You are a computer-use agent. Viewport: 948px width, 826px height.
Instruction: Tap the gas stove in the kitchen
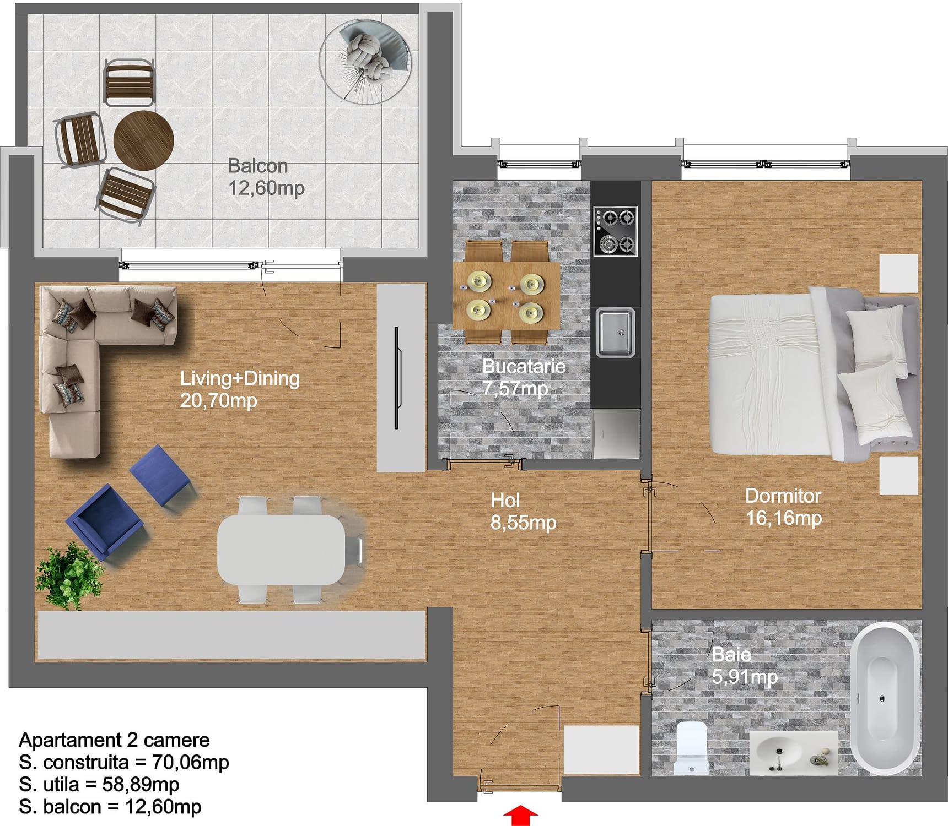[x=616, y=231]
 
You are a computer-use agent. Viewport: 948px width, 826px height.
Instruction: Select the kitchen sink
[x=616, y=332]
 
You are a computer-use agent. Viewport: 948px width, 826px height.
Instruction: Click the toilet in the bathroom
[x=691, y=748]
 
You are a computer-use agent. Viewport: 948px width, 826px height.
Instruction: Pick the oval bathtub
[x=885, y=698]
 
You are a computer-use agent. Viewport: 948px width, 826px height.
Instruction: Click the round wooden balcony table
[x=144, y=140]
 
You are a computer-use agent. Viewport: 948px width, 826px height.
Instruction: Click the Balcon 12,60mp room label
[x=266, y=177]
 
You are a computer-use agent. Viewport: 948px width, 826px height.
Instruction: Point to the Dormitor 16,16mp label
[x=783, y=507]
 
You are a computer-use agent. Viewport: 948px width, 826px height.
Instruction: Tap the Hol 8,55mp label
[x=523, y=511]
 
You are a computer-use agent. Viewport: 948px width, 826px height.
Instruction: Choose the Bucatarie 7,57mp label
[x=524, y=377]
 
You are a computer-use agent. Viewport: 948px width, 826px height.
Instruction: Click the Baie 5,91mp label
[x=745, y=665]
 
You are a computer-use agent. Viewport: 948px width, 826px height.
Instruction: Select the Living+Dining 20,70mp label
[x=240, y=389]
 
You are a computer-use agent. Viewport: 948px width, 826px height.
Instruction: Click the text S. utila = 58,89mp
[x=99, y=784]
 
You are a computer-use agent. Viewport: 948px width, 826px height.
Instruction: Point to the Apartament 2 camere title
[x=115, y=740]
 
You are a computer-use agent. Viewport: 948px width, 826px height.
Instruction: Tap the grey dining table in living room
[x=281, y=550]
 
